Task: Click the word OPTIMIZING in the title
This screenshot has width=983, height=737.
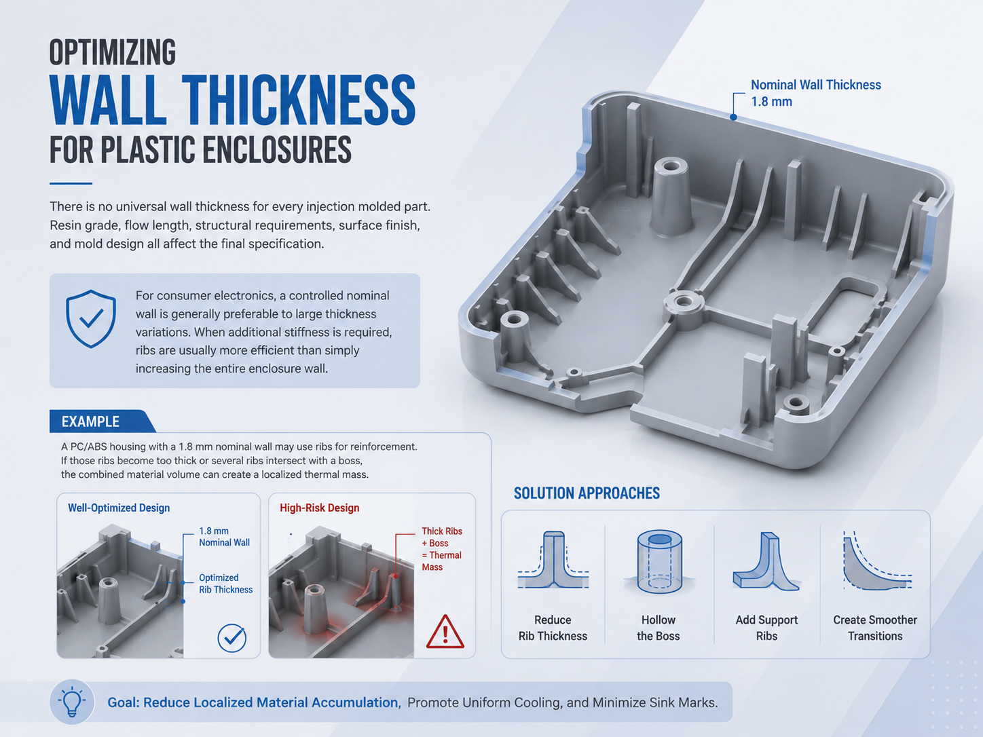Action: point(113,52)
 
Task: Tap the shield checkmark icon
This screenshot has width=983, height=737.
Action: point(91,318)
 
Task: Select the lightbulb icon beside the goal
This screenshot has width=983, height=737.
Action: point(72,702)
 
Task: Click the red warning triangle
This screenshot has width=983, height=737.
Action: point(445,631)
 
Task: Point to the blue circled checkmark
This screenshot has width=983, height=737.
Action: point(232,638)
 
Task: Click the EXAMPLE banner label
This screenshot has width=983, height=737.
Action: point(90,421)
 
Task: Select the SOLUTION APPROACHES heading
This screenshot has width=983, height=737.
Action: point(587,493)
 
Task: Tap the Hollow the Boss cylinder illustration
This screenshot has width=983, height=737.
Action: point(659,562)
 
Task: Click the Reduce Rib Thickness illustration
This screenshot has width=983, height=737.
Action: point(553,559)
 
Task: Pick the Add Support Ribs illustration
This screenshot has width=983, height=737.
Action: point(766,562)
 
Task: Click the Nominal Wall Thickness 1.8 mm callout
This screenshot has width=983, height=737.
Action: point(815,93)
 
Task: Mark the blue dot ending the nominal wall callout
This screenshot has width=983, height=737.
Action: point(733,117)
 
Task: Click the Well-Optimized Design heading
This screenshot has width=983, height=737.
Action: point(119,508)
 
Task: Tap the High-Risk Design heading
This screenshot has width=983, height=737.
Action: point(319,508)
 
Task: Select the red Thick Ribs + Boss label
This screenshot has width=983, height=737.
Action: point(441,549)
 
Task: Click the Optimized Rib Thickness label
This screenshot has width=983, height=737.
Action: point(225,584)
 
